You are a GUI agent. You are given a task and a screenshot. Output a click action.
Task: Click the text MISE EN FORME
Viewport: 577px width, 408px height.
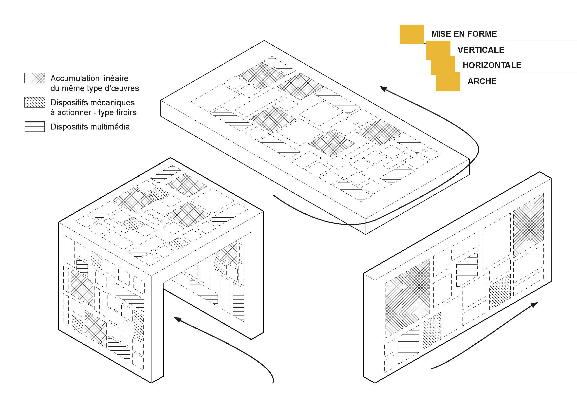point(464,34)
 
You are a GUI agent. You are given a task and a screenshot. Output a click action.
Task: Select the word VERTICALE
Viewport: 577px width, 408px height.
point(481,50)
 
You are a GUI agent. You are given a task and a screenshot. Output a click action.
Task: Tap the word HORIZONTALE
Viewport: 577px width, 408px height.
point(492,65)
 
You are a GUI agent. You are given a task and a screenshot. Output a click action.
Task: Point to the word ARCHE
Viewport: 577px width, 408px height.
point(482,81)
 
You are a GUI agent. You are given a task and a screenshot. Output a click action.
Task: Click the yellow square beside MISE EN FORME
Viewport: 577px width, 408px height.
point(411,34)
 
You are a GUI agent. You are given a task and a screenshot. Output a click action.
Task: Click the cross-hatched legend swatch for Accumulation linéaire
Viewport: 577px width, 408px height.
point(35,78)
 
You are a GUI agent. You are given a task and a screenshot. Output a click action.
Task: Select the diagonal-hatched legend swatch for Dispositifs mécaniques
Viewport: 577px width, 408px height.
point(35,102)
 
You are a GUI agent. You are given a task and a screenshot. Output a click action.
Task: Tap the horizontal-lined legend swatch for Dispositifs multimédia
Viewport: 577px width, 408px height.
point(35,126)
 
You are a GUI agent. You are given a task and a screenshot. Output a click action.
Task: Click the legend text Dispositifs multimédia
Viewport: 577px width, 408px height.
point(90,127)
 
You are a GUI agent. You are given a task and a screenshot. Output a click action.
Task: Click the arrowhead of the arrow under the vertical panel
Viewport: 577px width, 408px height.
point(535,305)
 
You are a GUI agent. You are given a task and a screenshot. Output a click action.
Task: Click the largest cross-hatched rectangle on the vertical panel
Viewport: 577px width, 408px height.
point(407,298)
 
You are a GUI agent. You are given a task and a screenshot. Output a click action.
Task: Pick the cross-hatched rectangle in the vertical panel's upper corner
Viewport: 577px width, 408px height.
point(528,225)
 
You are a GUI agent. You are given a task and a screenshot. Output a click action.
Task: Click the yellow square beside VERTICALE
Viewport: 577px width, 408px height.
point(438,50)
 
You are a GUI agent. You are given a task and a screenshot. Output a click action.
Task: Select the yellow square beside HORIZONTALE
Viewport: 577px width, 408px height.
point(443,66)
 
